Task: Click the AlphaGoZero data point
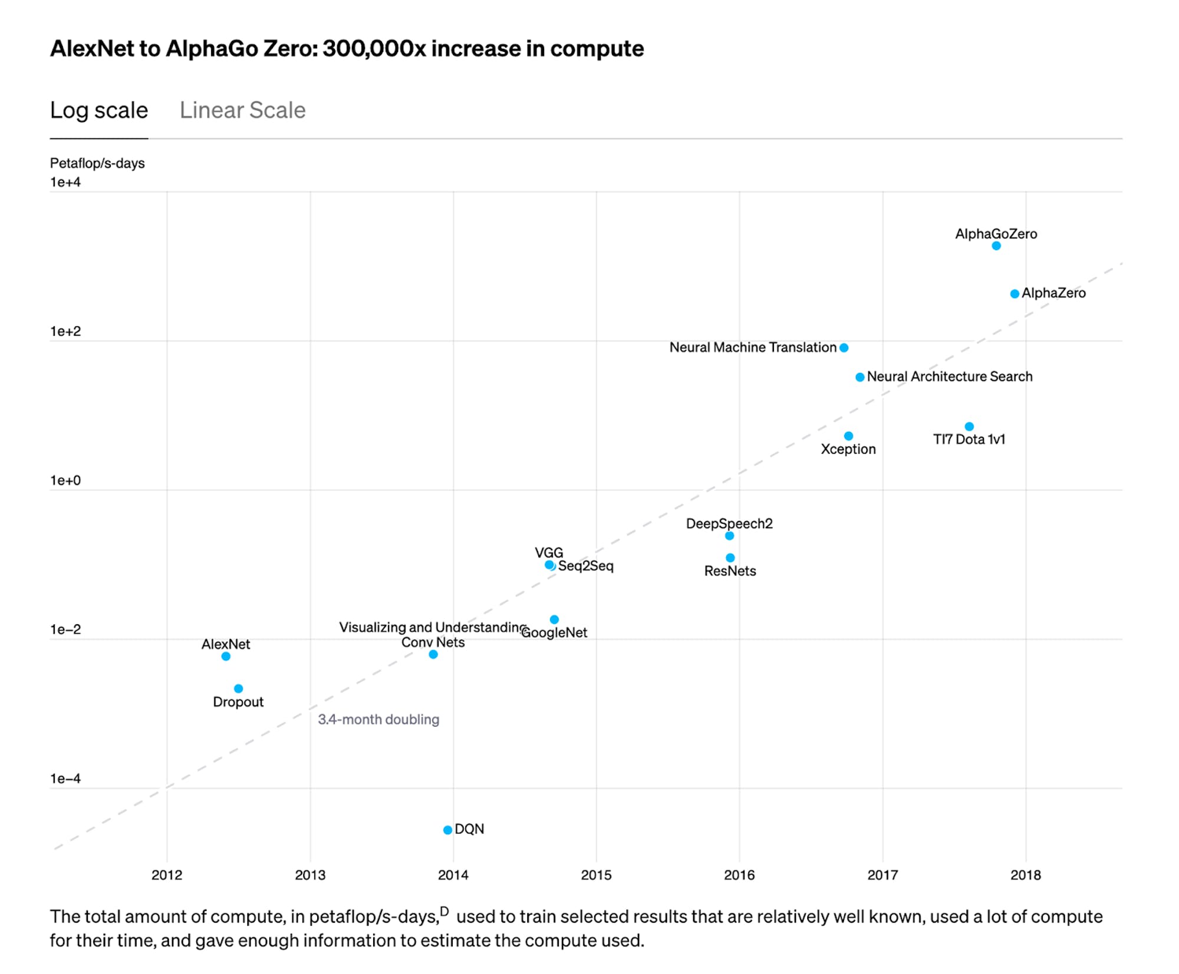click(996, 246)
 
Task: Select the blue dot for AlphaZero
click(1015, 294)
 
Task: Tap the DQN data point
click(447, 830)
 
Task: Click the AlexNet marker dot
click(226, 657)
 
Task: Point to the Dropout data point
click(238, 688)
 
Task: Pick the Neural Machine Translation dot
click(844, 348)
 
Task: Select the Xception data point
click(848, 436)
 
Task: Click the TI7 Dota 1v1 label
click(969, 440)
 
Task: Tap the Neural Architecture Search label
click(949, 376)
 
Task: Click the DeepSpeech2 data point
click(729, 536)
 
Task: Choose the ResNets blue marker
click(730, 557)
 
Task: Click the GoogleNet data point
click(554, 619)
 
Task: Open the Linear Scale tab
click(242, 110)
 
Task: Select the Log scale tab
click(98, 110)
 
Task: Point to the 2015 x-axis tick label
click(596, 875)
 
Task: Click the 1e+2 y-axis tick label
click(65, 332)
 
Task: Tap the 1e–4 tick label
click(65, 779)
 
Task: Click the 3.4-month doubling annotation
click(378, 720)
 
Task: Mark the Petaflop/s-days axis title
click(97, 163)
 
